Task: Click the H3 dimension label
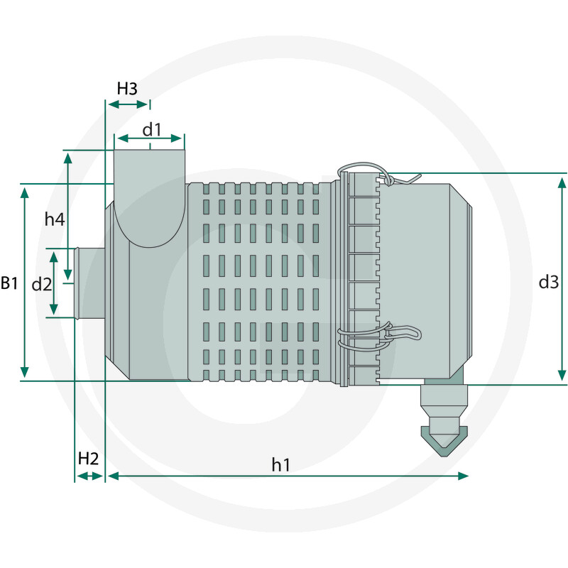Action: tap(127, 89)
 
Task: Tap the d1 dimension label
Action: tap(152, 129)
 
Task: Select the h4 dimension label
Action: tap(55, 219)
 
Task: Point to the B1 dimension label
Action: tap(9, 283)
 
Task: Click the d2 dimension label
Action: tap(42, 284)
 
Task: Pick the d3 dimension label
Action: tap(547, 282)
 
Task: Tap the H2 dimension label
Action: tap(88, 458)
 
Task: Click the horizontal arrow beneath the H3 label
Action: tap(128, 104)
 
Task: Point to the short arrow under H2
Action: tap(89, 476)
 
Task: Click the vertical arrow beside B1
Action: tap(26, 282)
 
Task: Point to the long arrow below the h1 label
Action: tap(287, 476)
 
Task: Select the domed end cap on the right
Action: tap(426, 280)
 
